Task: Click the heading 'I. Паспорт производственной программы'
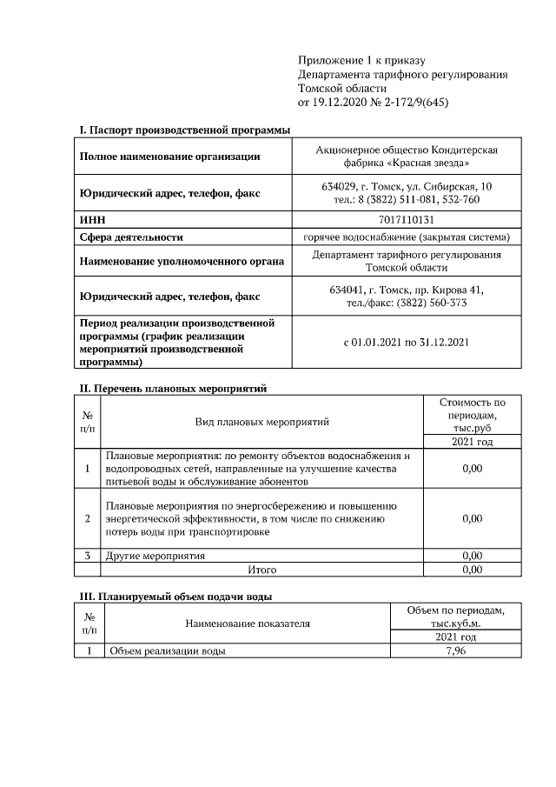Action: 184,130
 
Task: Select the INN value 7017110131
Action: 406,220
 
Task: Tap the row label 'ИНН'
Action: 91,220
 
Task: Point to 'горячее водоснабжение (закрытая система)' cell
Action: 406,237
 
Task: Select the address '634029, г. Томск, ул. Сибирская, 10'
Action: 406,187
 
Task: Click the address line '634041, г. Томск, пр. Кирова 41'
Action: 406,290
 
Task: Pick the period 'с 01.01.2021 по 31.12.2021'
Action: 406,342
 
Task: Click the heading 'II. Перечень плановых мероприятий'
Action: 173,388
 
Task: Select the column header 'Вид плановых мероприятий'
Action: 261,422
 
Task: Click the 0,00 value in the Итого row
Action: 472,570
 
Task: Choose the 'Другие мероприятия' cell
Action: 155,555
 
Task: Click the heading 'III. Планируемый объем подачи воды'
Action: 175,597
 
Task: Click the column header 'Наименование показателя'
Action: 248,624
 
